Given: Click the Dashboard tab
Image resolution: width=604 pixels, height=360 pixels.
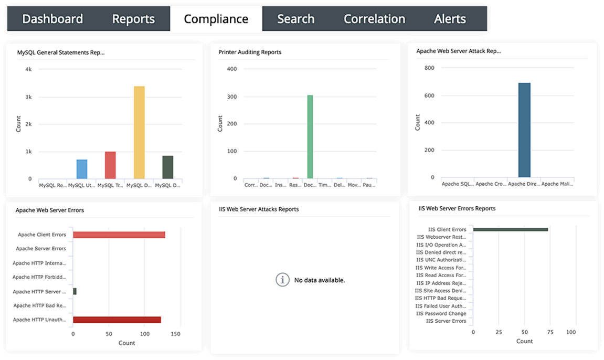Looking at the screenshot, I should tap(52, 19).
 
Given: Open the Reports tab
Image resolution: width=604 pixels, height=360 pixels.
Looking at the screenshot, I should tap(133, 19).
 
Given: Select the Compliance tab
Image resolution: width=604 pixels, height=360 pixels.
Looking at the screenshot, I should tap(216, 19).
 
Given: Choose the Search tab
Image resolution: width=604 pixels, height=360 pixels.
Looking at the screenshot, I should tap(295, 19).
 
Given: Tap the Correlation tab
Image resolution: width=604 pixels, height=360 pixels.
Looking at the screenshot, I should tap(374, 19).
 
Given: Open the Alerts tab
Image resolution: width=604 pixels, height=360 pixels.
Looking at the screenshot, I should tap(450, 19).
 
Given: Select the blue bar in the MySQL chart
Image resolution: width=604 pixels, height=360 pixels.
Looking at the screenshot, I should tap(82, 169).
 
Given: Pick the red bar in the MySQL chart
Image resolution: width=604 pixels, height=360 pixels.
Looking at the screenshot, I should tap(110, 165).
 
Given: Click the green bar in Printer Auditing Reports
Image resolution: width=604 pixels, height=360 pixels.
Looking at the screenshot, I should tap(310, 137).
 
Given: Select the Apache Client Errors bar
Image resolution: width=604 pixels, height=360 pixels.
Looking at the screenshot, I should tap(119, 235).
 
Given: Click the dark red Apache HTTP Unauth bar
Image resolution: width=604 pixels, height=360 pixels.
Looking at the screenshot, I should tap(117, 320).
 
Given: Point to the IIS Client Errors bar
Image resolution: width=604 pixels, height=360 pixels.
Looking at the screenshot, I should tap(511, 229).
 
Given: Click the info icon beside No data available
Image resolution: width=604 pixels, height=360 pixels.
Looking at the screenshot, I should tap(282, 280).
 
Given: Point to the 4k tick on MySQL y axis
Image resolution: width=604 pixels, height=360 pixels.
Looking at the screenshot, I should tap(28, 70).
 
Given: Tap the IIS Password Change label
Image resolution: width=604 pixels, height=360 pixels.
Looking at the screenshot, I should tap(441, 313).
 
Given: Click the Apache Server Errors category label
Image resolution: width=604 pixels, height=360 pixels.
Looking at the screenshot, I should tap(41, 249).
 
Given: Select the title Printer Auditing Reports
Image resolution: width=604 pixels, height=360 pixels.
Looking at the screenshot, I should tap(250, 52).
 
